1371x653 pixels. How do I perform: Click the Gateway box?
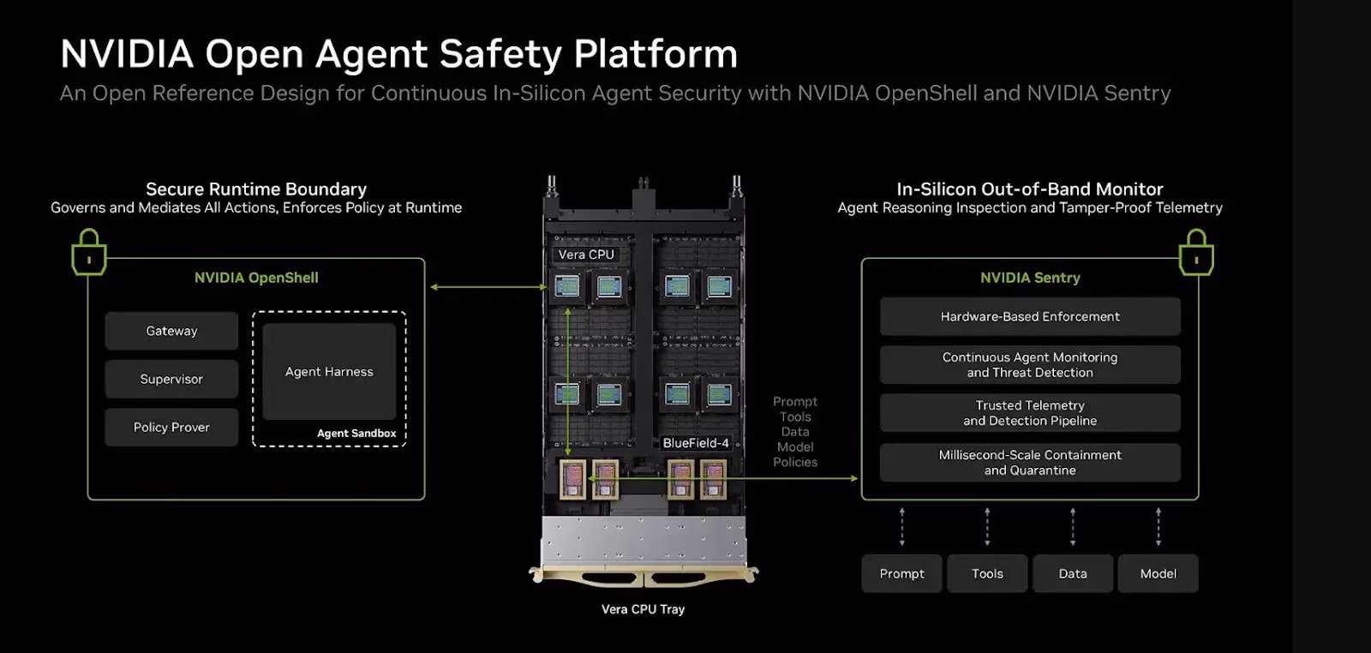pos(171,331)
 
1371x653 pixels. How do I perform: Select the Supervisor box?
pos(171,379)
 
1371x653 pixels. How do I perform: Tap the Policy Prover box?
pos(171,427)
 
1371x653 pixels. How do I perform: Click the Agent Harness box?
pos(329,371)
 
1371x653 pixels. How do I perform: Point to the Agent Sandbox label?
pos(356,434)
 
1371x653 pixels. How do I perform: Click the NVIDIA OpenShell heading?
pos(256,278)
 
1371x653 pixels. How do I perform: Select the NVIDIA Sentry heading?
pos(1030,278)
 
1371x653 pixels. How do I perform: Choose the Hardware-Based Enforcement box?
pos(1030,316)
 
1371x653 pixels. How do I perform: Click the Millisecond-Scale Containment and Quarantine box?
pos(1030,463)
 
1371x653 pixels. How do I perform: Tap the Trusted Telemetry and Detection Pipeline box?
pos(1030,413)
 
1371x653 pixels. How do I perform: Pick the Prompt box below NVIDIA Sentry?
pos(901,573)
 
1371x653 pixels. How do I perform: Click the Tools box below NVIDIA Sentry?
pos(987,573)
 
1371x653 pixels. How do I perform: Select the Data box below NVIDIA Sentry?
pos(1073,573)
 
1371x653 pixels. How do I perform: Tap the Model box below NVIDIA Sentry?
pos(1158,573)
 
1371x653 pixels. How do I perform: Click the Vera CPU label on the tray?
pos(586,255)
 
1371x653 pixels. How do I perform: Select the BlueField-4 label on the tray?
pos(696,443)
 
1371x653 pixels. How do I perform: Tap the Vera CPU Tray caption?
pos(643,609)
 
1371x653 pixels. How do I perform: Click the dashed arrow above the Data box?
pos(1073,527)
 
